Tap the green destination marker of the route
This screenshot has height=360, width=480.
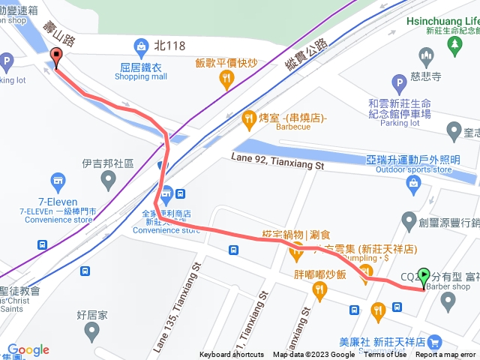coord(424,277)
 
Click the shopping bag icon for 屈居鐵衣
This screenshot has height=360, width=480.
coord(141,47)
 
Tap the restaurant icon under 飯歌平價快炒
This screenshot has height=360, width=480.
coord(226,79)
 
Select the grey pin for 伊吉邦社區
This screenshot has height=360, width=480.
coord(109,178)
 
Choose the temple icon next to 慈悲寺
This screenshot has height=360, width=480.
coord(427,54)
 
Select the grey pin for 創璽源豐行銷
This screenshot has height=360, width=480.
coord(409,220)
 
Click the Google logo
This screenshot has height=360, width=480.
coord(28,349)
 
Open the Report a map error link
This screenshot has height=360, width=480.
coord(447,355)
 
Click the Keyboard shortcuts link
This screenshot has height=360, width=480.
coord(232,355)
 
